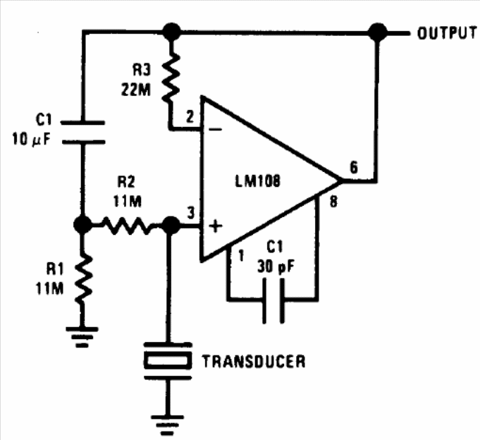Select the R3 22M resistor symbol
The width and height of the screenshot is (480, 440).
(170, 79)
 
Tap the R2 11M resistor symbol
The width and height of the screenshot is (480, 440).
(126, 226)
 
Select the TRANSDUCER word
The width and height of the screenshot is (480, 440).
(254, 362)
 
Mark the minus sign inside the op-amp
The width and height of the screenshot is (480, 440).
(216, 129)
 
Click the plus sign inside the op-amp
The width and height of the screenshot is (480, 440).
(216, 226)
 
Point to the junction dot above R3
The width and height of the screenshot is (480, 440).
(170, 32)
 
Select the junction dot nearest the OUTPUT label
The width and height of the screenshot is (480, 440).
(379, 32)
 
